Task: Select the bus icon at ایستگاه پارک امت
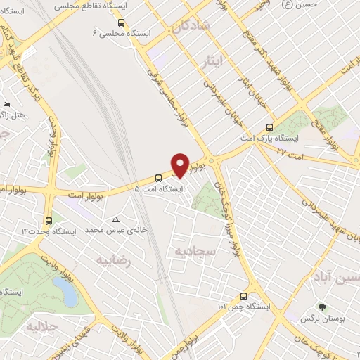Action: click(269, 127)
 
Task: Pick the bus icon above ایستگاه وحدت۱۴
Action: click(49, 219)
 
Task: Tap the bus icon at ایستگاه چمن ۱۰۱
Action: click(243, 296)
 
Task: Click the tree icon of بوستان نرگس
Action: click(323, 307)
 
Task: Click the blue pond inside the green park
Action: click(65, 291)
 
